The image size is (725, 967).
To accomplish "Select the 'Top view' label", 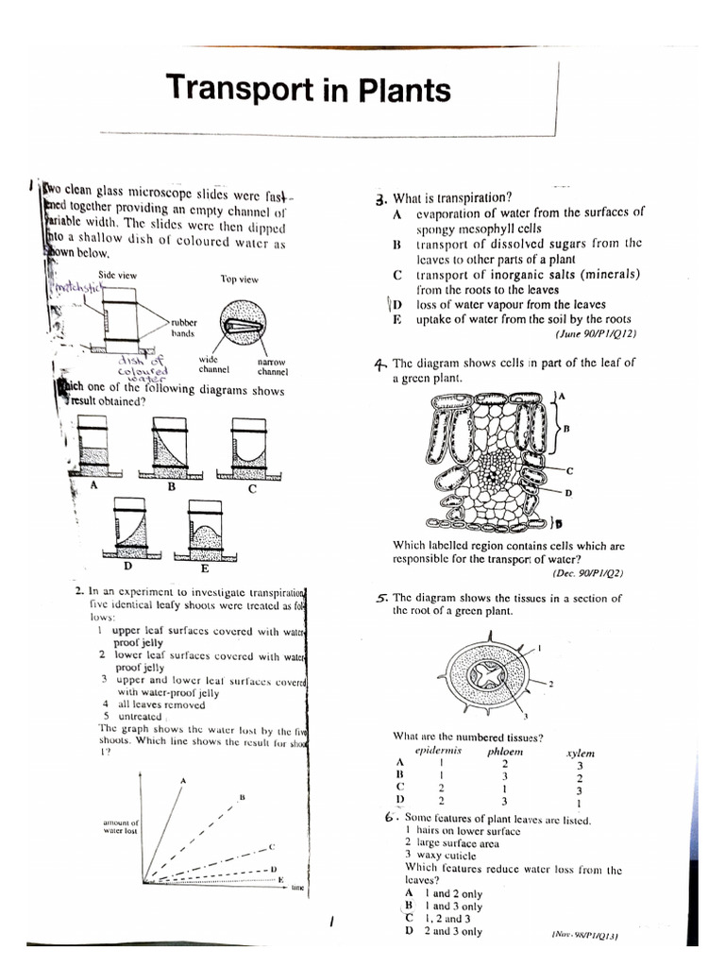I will click(x=240, y=280).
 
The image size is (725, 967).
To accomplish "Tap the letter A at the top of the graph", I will click(x=183, y=779).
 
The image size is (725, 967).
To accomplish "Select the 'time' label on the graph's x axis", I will click(x=297, y=888).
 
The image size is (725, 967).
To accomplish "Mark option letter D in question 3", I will click(x=397, y=305).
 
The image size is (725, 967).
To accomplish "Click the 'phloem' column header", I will click(x=504, y=752).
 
